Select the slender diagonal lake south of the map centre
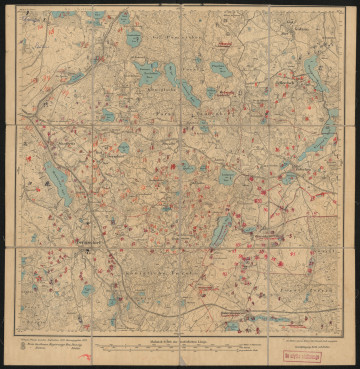click(x=222, y=229)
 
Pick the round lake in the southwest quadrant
click(x=89, y=290)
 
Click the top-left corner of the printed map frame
click(x=16, y=10)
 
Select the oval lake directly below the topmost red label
click(x=221, y=69)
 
